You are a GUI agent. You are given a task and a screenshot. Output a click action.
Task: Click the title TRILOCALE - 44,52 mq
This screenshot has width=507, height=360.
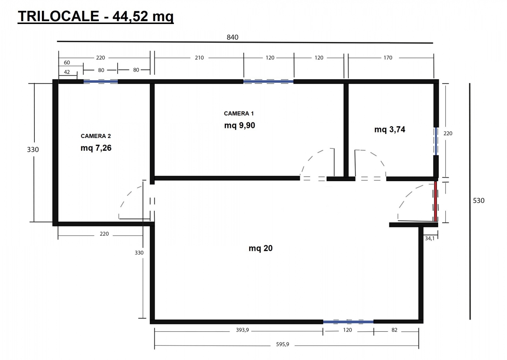(96, 16)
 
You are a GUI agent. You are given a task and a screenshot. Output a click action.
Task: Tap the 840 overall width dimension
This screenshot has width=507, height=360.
(232, 37)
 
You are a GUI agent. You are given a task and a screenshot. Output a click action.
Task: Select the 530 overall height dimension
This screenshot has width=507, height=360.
(479, 200)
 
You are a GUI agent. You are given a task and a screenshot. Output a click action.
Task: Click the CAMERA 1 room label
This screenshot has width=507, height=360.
(239, 114)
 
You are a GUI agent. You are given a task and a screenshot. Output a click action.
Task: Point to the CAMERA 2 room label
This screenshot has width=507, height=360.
(96, 136)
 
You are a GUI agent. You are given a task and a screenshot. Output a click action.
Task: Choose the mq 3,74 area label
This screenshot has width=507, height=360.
(390, 130)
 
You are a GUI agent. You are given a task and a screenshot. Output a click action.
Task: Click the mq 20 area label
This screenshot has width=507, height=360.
(261, 248)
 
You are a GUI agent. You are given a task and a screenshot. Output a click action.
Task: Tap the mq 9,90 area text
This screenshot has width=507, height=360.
(240, 126)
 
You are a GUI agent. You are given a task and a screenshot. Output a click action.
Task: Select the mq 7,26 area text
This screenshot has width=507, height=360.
(96, 148)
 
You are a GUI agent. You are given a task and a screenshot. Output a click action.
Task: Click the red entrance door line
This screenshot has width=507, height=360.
(435, 201)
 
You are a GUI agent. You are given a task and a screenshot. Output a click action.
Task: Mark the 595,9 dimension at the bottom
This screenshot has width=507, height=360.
(282, 344)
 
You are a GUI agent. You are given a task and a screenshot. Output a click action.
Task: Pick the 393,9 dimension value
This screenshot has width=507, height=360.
(242, 330)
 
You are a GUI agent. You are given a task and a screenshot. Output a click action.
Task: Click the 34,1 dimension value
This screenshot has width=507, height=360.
(429, 238)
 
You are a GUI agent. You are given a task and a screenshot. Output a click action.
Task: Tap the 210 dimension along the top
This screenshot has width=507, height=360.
(199, 58)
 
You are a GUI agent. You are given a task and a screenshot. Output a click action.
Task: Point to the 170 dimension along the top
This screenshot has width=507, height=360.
(388, 58)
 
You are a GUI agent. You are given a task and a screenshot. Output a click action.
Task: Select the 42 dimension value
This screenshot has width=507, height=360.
(67, 72)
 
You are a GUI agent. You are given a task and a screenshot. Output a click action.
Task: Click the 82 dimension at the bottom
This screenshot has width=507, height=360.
(394, 330)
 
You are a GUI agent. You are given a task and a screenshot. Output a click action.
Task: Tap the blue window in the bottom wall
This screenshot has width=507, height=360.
(348, 322)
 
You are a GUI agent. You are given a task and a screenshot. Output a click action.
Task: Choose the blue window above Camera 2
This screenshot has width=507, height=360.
(101, 82)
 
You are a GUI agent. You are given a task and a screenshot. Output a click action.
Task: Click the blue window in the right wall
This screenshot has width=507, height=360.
(436, 141)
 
